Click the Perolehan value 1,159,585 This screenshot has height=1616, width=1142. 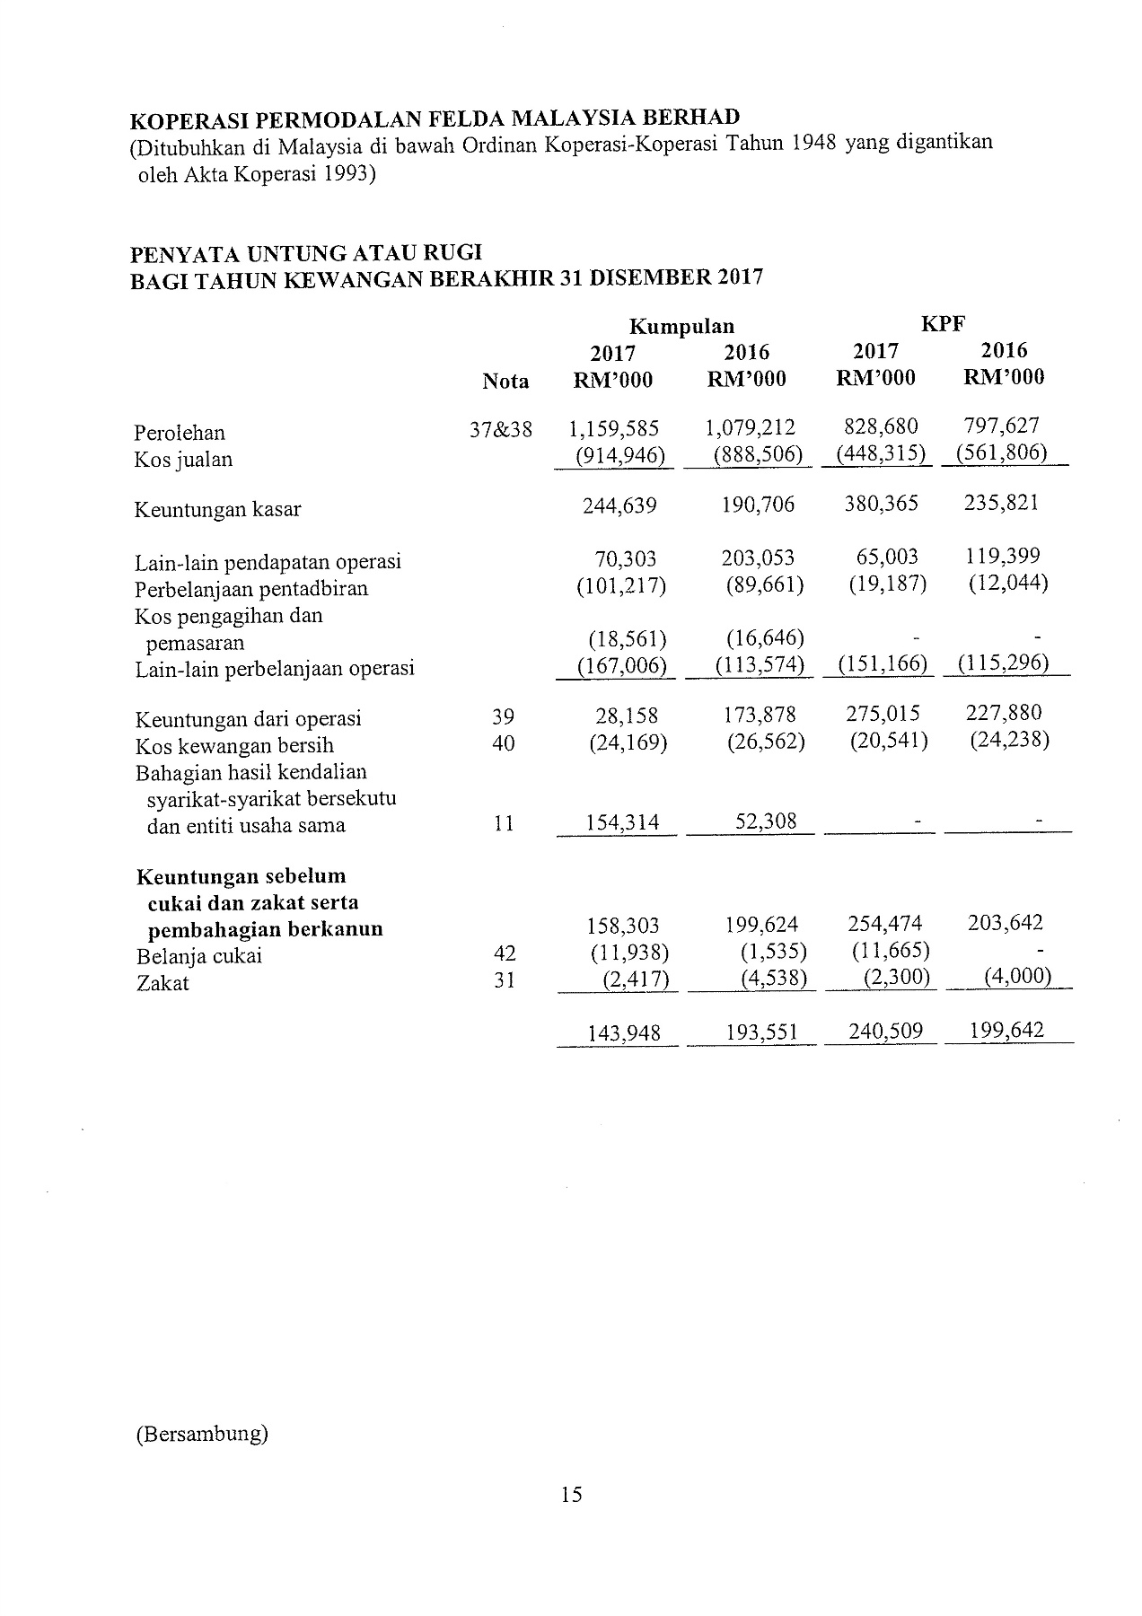614,429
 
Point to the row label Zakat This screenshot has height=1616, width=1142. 163,983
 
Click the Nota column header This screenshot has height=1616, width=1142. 505,382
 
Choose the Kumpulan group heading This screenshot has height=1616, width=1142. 681,326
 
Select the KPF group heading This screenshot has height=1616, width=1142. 943,324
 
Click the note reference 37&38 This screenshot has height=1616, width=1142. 501,430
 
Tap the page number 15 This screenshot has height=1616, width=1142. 571,1494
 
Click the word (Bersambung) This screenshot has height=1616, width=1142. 202,1434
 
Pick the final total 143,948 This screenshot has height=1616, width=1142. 624,1033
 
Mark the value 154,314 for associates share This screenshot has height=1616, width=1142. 622,822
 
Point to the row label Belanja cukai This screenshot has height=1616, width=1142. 199,956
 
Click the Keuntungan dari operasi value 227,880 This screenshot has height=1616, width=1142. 1004,714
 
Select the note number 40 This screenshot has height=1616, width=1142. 504,744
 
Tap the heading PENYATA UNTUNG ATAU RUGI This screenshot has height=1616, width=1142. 306,255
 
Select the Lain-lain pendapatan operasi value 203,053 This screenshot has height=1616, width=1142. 758,558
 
